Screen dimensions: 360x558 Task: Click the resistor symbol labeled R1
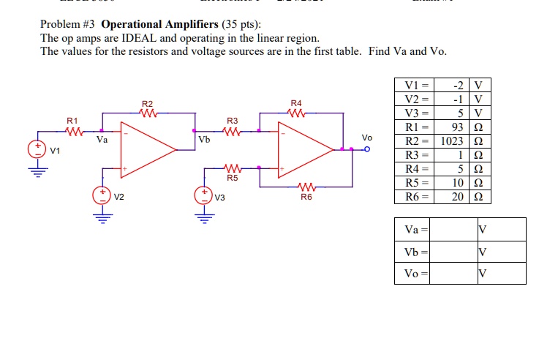coord(73,132)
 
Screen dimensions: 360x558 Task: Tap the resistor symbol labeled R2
coord(148,114)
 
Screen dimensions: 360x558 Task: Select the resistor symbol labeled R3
coord(232,132)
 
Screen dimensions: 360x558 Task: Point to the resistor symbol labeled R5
coord(232,168)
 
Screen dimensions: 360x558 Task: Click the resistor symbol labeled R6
coord(305,187)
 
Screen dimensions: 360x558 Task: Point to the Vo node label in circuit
coord(366,138)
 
